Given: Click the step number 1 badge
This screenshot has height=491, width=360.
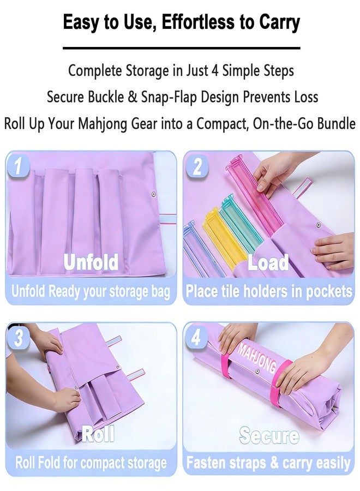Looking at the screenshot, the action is coord(18,166).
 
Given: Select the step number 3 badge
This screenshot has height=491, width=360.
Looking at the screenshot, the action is coord(19,338).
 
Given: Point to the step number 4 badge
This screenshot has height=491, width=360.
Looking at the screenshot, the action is coord(196,338).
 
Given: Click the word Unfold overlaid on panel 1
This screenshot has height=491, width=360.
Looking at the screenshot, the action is coord(91,262).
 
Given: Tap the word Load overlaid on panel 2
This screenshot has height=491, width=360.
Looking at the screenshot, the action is coord(268,262).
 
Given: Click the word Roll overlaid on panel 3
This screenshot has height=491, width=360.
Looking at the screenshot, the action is coord(98,434).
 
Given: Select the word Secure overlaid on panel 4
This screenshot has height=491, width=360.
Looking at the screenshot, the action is coord(269,435).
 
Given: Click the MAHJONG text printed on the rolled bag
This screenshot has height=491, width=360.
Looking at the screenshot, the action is coord(257,357).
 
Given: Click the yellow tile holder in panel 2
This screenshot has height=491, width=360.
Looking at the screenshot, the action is coord(221,238).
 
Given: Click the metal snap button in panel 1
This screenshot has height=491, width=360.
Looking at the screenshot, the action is coord(154,194).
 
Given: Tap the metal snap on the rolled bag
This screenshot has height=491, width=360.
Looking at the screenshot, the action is coord(257,372).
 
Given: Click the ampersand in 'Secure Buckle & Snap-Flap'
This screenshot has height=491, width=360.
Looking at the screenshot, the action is coord(132,97).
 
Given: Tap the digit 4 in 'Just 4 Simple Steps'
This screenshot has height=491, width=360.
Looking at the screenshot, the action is coord(214,71).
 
